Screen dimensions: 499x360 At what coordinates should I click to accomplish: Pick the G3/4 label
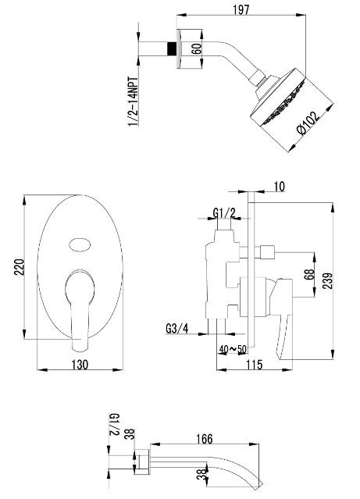coord(177,329)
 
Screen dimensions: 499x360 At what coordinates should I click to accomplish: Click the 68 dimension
coord(308,275)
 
